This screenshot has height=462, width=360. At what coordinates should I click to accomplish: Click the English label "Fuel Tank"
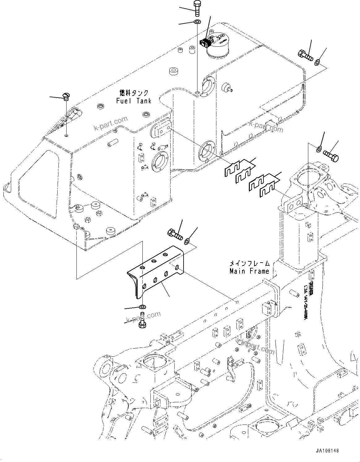click(134, 101)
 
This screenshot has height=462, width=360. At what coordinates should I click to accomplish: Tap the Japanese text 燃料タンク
click(134, 93)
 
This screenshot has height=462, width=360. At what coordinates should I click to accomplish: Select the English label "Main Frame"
click(249, 271)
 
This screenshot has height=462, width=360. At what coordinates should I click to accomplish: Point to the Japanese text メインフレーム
click(249, 264)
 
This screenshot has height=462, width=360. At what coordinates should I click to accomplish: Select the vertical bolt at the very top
click(197, 8)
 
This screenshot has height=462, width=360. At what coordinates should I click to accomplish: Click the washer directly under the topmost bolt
click(197, 22)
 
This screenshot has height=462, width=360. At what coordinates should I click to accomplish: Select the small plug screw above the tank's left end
click(67, 96)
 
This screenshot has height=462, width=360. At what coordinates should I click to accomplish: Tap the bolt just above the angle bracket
click(175, 234)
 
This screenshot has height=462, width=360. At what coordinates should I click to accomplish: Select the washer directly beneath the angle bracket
click(143, 307)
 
